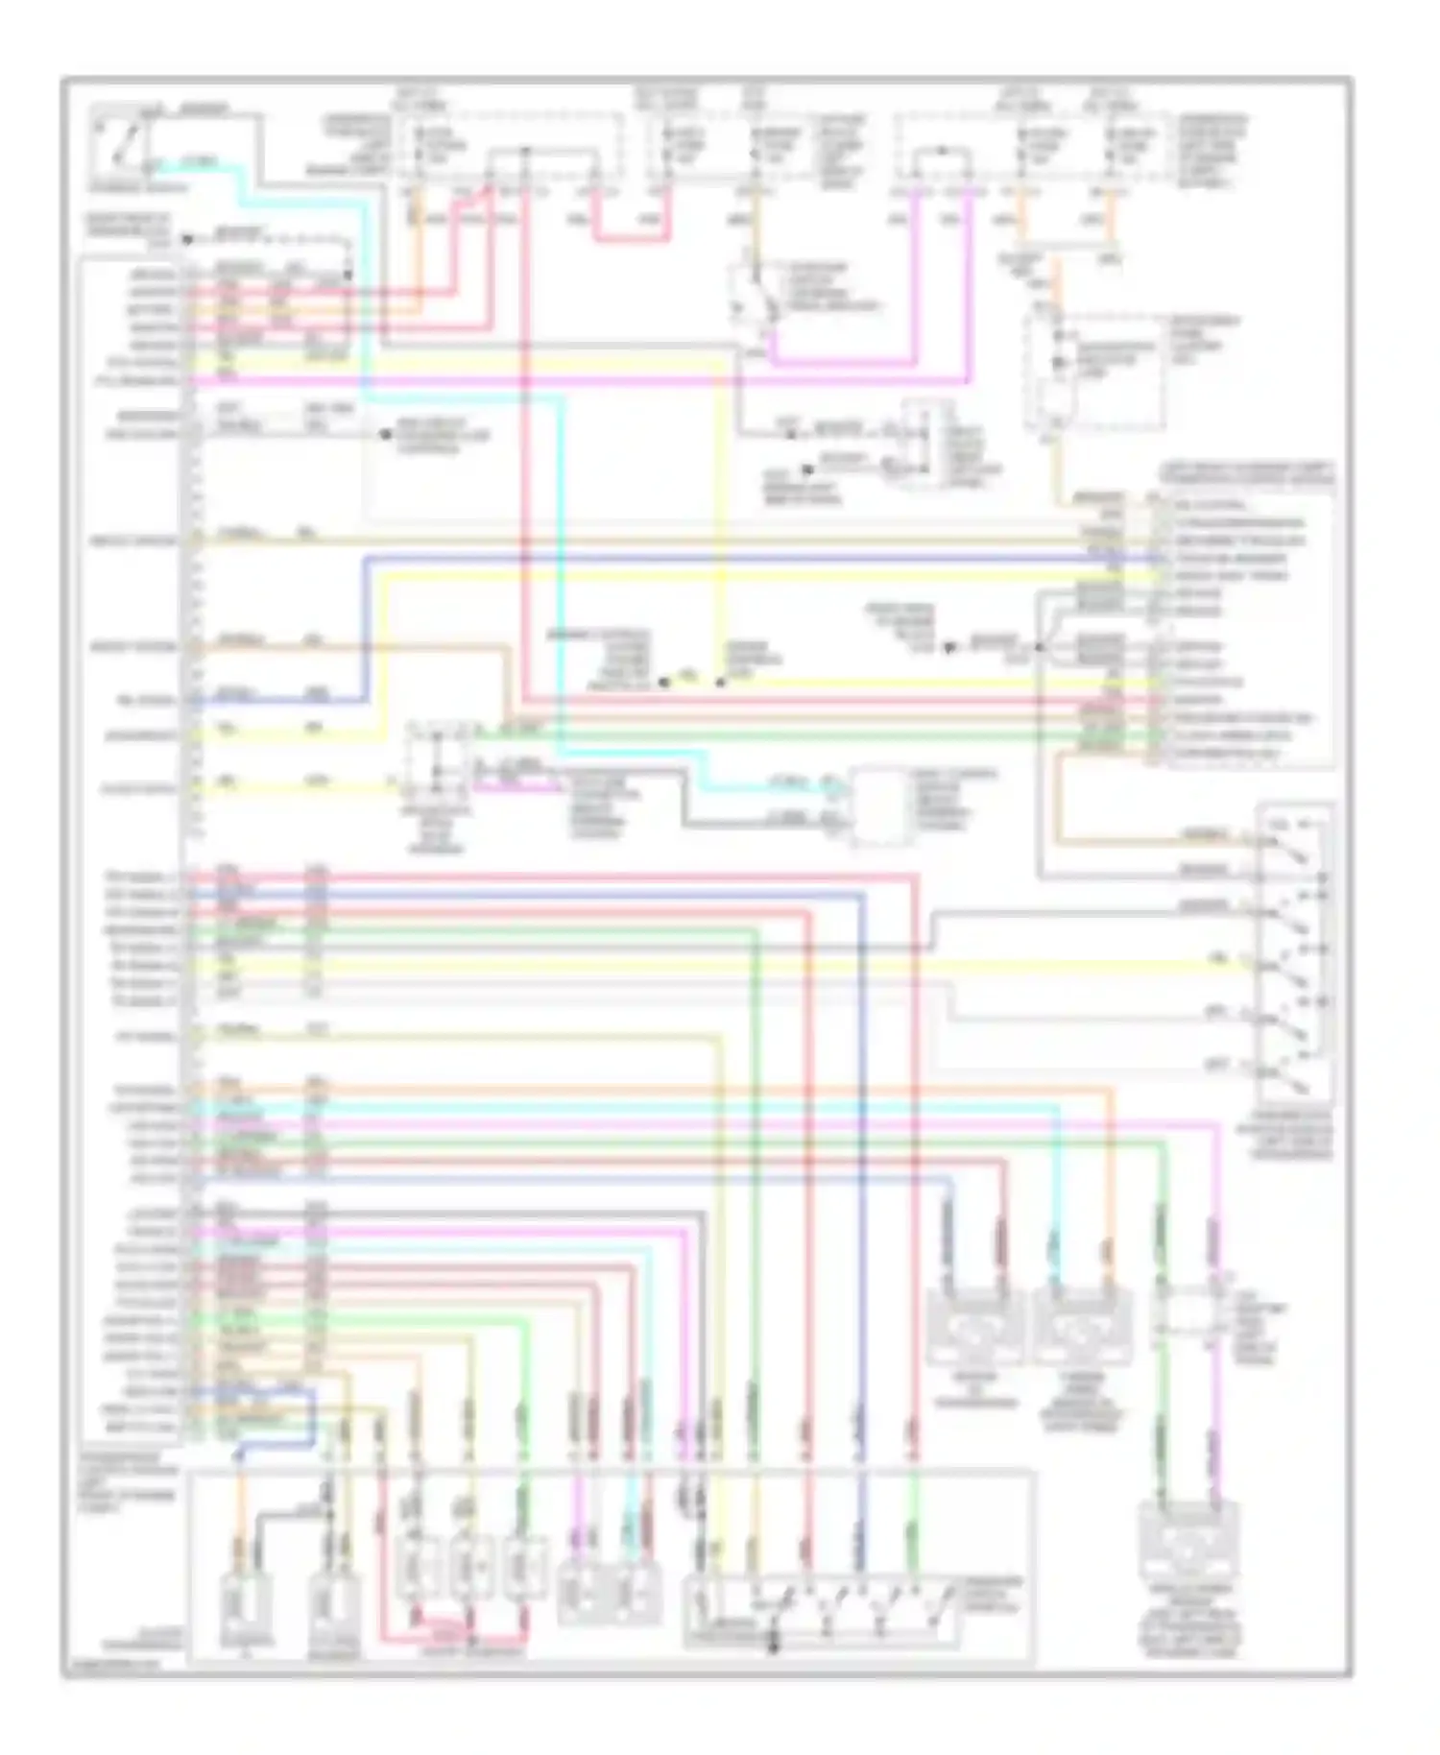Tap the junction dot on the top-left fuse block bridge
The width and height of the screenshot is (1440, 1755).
click(x=525, y=152)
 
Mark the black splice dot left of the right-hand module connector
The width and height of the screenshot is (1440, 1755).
click(x=949, y=649)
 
